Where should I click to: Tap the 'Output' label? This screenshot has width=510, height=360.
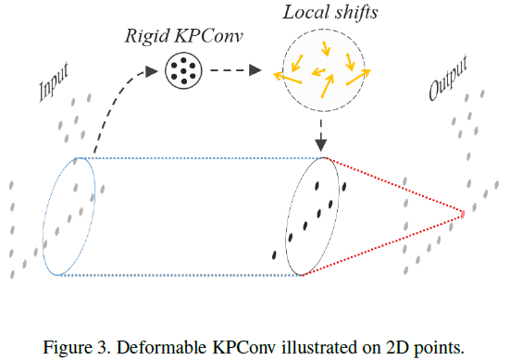(449, 80)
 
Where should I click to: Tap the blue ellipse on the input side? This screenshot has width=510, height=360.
(68, 216)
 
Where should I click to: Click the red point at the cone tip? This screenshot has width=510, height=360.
(462, 216)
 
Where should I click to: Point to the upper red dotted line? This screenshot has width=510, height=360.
(393, 186)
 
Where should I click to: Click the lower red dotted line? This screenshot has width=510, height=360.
(384, 245)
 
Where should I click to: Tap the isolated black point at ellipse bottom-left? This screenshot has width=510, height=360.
(274, 254)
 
